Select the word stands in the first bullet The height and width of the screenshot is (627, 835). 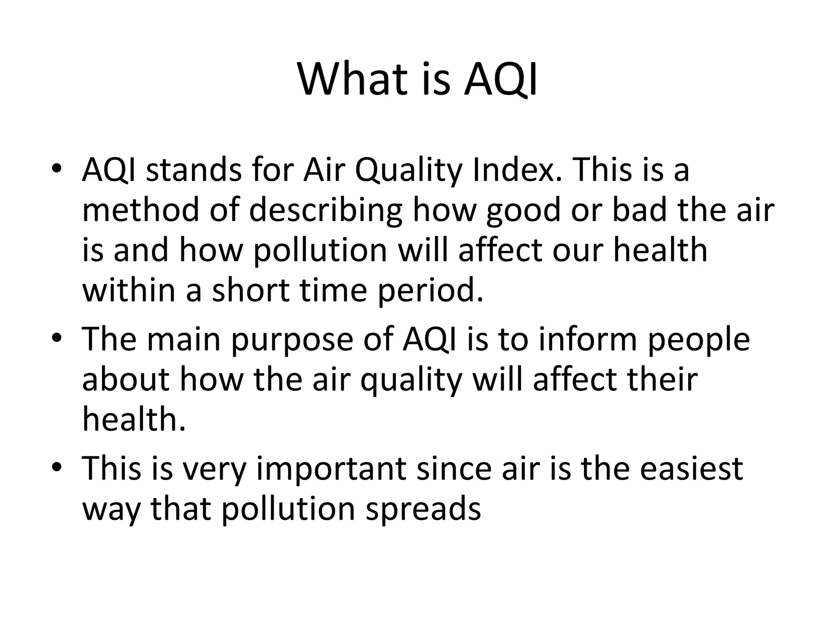click(193, 170)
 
